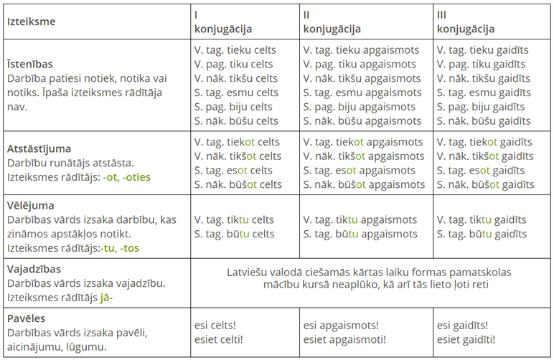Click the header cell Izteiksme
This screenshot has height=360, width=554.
coord(31,22)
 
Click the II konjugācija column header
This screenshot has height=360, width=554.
coord(332,22)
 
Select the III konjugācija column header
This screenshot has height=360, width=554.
coord(465,22)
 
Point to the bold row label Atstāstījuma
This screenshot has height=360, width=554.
coord(39,149)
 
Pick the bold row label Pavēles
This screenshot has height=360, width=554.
coord(27,318)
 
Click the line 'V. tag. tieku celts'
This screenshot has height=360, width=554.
coord(235,51)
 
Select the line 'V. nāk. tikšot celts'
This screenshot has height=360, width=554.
coord(238,156)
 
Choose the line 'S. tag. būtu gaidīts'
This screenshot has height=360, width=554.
coord(482,234)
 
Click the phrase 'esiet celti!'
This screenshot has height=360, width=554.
coord(218,339)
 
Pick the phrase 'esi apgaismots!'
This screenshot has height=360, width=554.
coord(344,326)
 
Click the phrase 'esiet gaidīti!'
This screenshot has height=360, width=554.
coord(466,339)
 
